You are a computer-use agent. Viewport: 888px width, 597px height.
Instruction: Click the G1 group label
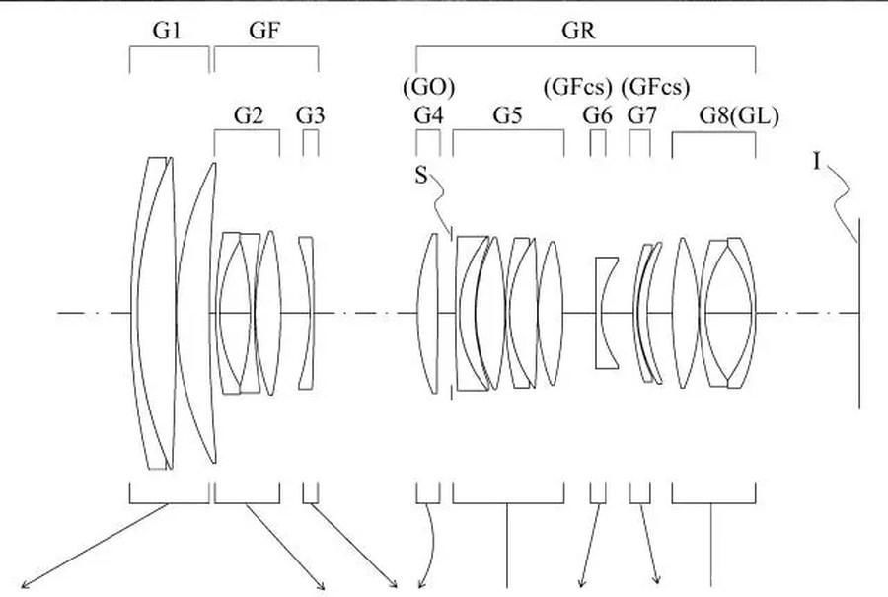[167, 30]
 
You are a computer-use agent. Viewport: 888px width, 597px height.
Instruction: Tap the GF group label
[264, 30]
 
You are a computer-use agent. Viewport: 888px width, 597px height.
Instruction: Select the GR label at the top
[578, 30]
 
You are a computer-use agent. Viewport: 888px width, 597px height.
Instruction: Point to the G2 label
[249, 115]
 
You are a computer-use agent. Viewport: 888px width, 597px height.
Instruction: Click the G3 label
[311, 115]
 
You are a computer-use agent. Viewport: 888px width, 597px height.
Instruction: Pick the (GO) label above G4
[429, 87]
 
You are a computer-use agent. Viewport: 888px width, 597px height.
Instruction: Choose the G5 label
[507, 115]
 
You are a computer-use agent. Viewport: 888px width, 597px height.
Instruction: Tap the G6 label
[598, 115]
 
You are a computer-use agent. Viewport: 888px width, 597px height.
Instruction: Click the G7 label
[641, 115]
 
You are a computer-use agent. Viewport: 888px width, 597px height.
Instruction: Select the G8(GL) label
[739, 116]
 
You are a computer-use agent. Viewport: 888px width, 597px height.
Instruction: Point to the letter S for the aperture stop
[420, 176]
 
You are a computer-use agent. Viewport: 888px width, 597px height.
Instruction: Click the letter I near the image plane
[816, 163]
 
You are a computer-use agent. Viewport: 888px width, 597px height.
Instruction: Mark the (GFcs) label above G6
[577, 87]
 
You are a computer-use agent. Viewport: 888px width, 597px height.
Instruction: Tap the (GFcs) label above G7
[655, 87]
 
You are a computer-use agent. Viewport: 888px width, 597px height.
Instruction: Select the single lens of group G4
[428, 313]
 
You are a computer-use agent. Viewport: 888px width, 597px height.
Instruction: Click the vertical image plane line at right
[859, 313]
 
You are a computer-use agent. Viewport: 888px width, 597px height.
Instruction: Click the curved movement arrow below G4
[434, 544]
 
